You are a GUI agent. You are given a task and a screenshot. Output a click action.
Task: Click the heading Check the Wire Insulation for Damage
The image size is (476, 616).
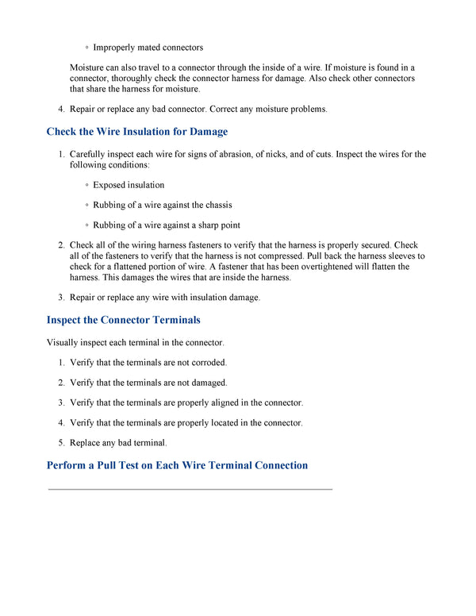click(x=136, y=132)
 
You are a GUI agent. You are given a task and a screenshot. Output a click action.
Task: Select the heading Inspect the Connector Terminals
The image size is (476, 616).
click(x=123, y=320)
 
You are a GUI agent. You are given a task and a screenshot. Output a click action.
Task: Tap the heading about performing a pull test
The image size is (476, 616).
click(x=177, y=465)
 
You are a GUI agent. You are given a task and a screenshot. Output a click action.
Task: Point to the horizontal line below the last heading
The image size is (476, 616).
click(x=190, y=490)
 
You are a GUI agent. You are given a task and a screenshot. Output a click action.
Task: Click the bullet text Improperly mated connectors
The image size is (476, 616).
click(x=148, y=48)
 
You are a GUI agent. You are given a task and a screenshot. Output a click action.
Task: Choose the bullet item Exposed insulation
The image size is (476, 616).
click(x=129, y=185)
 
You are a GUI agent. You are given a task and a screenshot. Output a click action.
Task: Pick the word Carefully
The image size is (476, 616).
click(x=90, y=154)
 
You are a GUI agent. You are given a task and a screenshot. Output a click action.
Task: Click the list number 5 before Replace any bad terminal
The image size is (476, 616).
click(x=61, y=443)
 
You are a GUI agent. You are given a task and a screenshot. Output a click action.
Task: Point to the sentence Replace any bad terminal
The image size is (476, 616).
click(x=118, y=443)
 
